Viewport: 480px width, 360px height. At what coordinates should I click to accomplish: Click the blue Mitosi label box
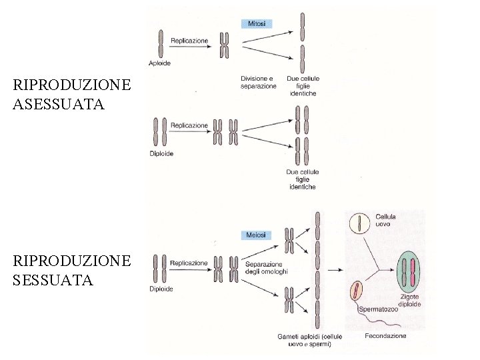[256, 24]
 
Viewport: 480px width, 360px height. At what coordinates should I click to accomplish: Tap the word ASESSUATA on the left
[59, 104]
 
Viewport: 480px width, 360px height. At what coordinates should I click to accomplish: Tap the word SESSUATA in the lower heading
[53, 280]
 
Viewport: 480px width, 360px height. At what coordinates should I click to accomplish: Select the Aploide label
[160, 63]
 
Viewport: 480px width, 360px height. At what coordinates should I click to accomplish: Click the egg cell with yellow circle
[359, 223]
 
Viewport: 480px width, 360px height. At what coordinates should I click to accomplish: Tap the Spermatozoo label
[379, 309]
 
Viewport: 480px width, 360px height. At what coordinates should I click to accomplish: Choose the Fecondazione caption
[385, 336]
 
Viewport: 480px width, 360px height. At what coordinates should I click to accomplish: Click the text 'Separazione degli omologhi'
[266, 267]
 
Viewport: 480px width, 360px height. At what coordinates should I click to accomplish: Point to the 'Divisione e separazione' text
[258, 83]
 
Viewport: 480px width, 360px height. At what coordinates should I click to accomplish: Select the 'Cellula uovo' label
[385, 220]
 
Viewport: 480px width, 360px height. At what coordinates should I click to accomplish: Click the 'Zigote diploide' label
[409, 300]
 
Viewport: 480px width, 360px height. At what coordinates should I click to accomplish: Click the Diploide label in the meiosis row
[161, 289]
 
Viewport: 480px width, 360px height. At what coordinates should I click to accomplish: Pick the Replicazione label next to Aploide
[189, 41]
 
